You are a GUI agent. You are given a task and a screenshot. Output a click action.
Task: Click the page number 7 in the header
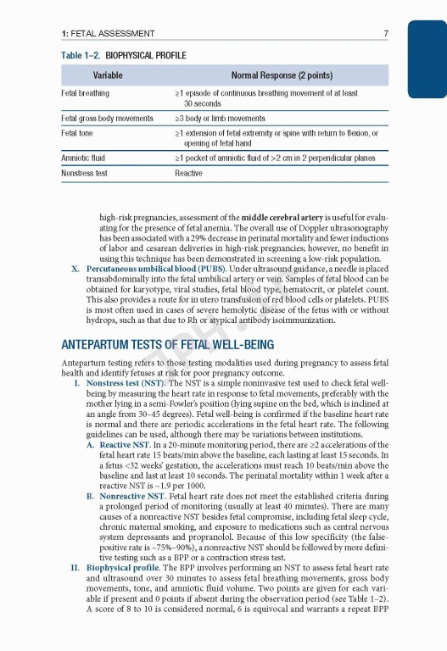tap(386, 34)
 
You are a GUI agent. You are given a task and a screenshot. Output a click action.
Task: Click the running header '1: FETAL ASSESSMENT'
tap(107, 34)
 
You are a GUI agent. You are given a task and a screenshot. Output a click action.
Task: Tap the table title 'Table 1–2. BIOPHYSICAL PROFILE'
tap(124, 55)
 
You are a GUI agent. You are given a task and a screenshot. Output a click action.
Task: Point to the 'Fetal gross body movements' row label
tap(108, 119)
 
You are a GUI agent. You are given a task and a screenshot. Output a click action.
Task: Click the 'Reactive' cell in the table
tap(188, 173)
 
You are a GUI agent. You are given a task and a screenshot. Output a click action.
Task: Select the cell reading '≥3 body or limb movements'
tap(220, 119)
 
